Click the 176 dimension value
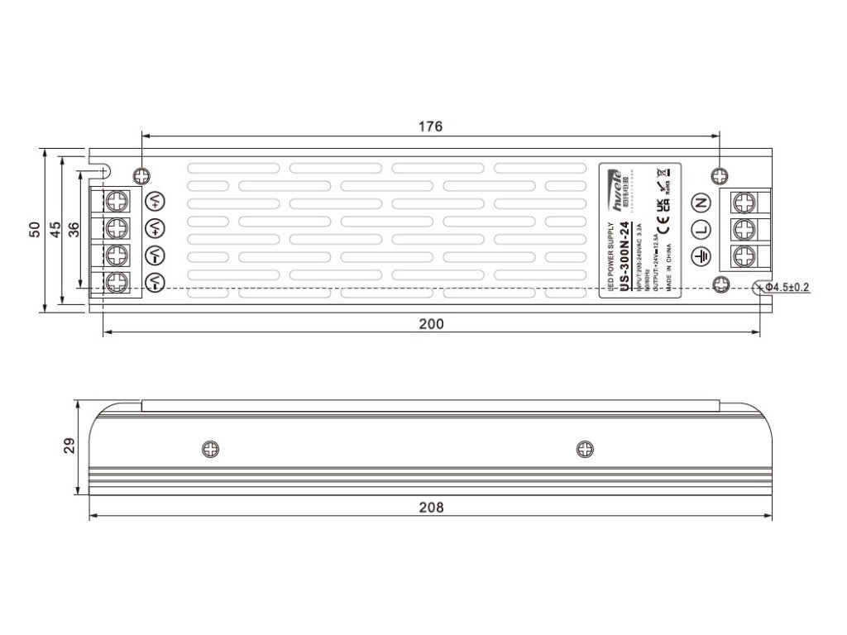click(x=430, y=127)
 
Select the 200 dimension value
click(x=431, y=323)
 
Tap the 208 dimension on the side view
click(x=431, y=507)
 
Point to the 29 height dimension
click(x=69, y=446)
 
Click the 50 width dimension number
click(x=34, y=229)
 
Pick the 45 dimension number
click(x=54, y=229)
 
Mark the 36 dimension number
click(x=73, y=230)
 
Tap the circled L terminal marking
click(x=700, y=229)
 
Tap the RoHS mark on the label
click(x=668, y=185)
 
